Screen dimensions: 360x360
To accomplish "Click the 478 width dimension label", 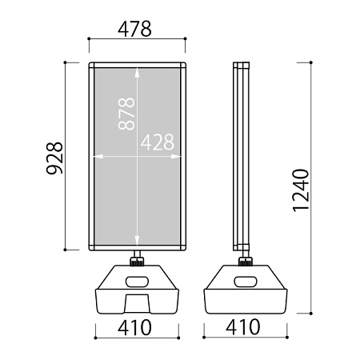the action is coord(134,29).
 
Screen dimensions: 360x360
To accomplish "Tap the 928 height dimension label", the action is coord(54,158).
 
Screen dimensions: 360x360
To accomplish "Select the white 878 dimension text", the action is coord(126,114).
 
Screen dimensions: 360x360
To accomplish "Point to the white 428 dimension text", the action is coord(158,142).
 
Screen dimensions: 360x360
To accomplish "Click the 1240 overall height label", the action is coord(301,190).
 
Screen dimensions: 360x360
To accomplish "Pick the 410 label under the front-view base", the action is coord(134,327).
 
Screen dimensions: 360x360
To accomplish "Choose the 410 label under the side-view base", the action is coord(242,327).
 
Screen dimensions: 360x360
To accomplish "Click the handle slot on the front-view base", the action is coord(137,282).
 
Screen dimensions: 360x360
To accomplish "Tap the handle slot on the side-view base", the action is coord(246,282).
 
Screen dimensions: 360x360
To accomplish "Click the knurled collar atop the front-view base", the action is coord(137,261).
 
